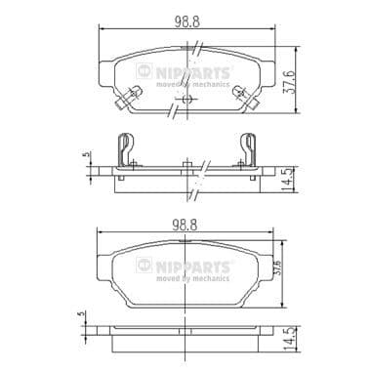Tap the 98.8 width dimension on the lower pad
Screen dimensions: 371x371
click(185, 225)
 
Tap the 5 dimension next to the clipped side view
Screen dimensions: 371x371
click(86, 154)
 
